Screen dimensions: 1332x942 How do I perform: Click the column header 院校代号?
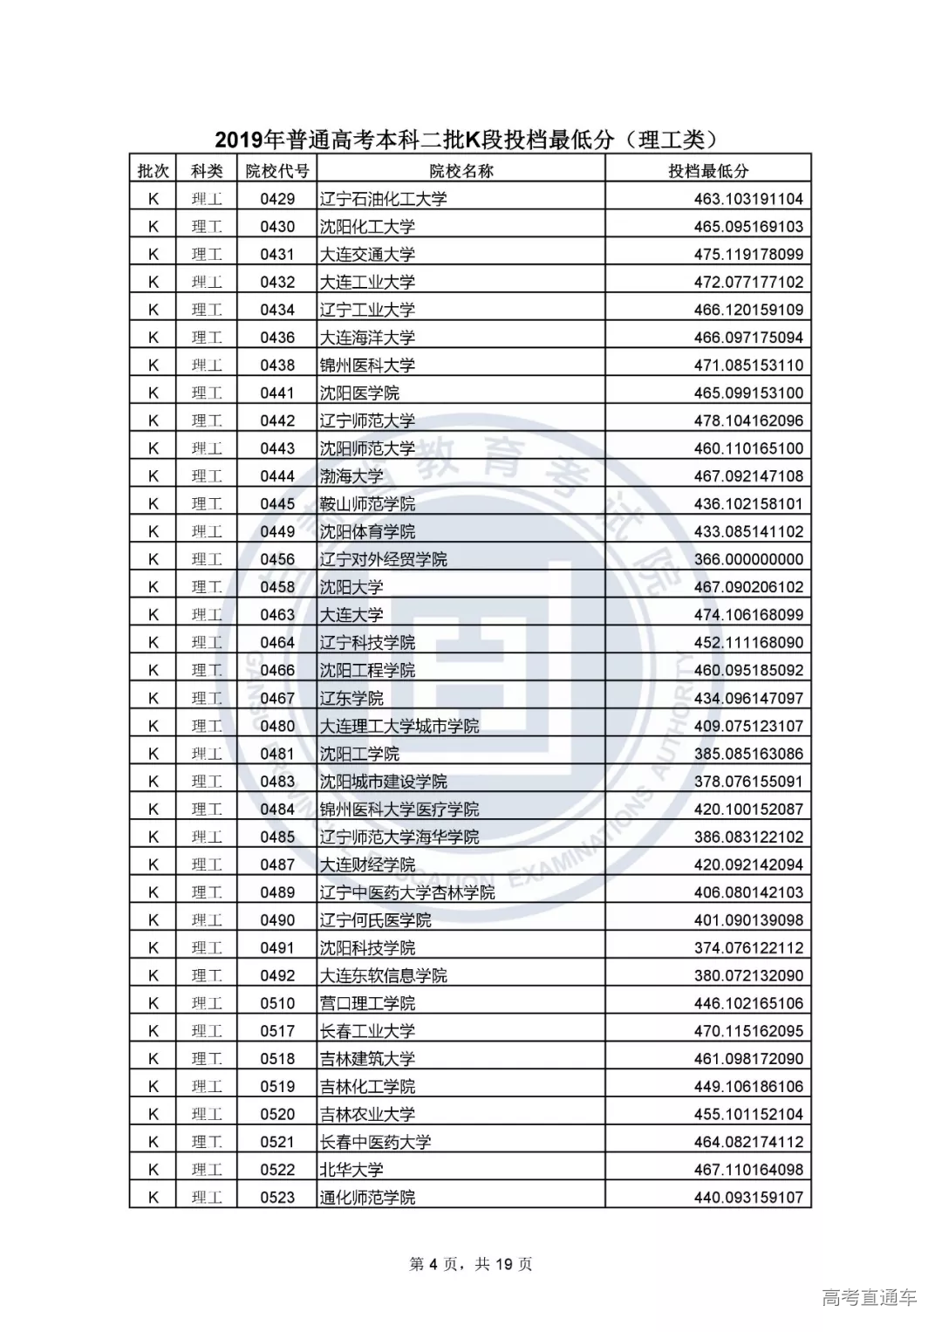point(277,171)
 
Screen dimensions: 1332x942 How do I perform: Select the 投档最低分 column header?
point(708,171)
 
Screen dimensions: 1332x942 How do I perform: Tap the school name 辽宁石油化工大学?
point(383,199)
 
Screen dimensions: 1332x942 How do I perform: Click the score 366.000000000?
point(748,559)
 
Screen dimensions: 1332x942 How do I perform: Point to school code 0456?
point(277,559)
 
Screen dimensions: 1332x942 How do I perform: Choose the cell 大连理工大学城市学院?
point(399,726)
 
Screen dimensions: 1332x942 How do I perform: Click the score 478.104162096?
point(748,420)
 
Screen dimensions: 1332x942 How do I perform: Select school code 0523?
point(277,1198)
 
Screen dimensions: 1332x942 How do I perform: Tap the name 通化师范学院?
point(367,1198)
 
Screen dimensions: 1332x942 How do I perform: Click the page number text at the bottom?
point(470,1264)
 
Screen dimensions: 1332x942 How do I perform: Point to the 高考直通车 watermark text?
point(870,1297)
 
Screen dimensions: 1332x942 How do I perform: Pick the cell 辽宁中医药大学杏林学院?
point(406,892)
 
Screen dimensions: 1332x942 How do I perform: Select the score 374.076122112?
point(748,947)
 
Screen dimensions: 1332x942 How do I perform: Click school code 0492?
point(277,975)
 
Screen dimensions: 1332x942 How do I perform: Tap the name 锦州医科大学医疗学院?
point(399,809)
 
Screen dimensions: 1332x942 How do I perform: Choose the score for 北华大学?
point(748,1170)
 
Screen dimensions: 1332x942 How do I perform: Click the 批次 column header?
point(154,171)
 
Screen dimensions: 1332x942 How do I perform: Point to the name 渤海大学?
point(351,476)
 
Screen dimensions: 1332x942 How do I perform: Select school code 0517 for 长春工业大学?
point(277,1031)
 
